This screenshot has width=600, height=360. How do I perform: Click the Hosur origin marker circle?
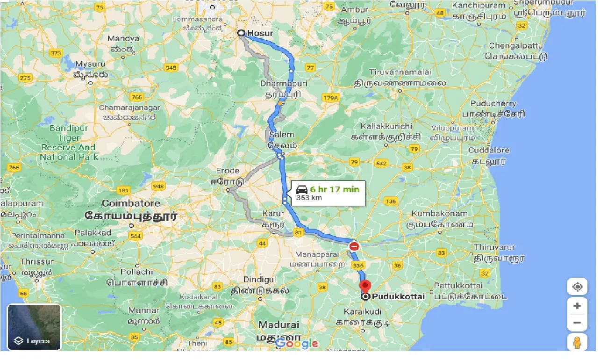click(x=241, y=33)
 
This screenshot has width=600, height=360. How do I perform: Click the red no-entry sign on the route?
click(x=354, y=246)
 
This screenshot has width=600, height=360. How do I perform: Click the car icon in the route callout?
click(x=302, y=189)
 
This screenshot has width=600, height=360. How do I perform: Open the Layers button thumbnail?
click(x=34, y=327)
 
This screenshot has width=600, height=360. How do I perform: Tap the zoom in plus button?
click(x=577, y=306)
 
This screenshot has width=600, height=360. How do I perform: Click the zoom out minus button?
click(x=577, y=323)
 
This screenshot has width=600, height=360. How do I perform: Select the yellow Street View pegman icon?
click(x=577, y=342)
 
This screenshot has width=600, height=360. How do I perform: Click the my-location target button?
click(x=577, y=286)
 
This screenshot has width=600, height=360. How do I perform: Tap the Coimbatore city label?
click(x=131, y=203)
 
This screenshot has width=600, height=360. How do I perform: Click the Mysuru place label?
click(x=91, y=63)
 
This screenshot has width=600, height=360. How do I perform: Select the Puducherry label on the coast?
click(x=493, y=103)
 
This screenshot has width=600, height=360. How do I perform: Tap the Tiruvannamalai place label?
click(x=400, y=72)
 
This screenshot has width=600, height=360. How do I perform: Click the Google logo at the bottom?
click(x=297, y=344)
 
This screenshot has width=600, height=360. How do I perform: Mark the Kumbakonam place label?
click(x=439, y=214)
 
